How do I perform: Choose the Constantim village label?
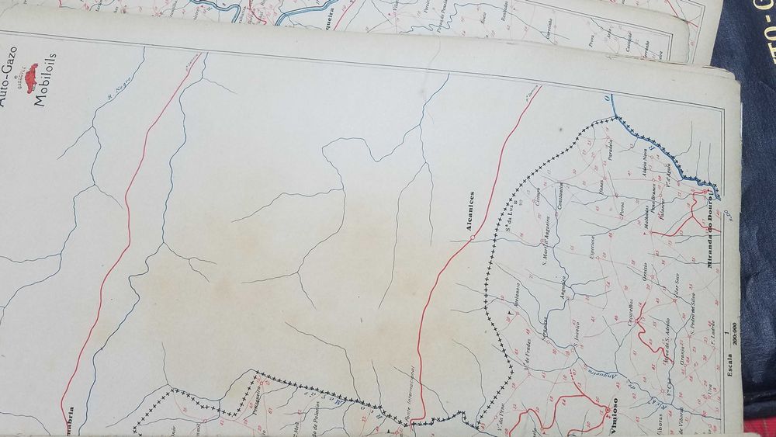[558, 198]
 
